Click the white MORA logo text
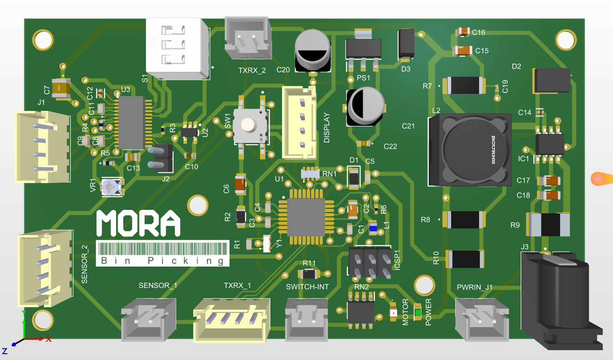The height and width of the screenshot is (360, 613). (138, 223)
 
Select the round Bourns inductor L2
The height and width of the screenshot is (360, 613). (470, 150)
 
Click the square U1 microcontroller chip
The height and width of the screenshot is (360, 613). (306, 217)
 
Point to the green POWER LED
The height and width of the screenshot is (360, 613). (417, 313)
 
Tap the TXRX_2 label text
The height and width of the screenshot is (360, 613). (252, 70)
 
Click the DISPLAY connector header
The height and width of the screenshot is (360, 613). (300, 123)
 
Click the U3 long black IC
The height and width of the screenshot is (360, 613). (131, 122)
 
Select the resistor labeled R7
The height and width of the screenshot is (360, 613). (464, 85)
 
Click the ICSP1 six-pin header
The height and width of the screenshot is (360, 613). (370, 261)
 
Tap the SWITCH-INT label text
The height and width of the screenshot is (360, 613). (307, 287)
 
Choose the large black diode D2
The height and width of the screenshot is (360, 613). (551, 80)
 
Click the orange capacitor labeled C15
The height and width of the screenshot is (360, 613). (463, 51)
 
